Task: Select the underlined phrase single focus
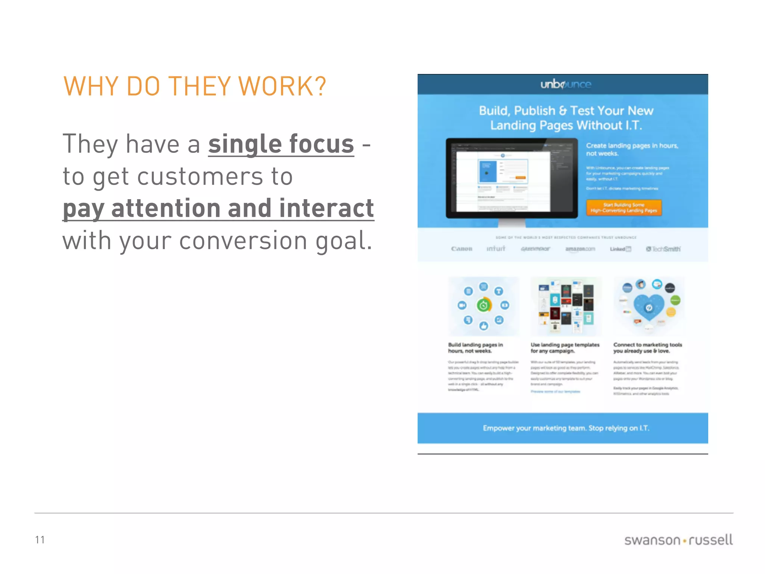pos(281,144)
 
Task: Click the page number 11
pos(40,540)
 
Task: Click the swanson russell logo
pos(678,540)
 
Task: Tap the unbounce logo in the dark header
pos(566,84)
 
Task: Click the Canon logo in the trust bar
pos(462,249)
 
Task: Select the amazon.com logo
pos(580,249)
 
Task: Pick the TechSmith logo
pos(663,249)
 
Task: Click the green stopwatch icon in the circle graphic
pos(483,306)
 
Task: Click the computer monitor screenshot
pos(511,179)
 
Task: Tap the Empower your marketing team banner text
pos(566,428)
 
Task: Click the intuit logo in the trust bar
pos(496,249)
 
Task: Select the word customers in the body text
pos(200,176)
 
